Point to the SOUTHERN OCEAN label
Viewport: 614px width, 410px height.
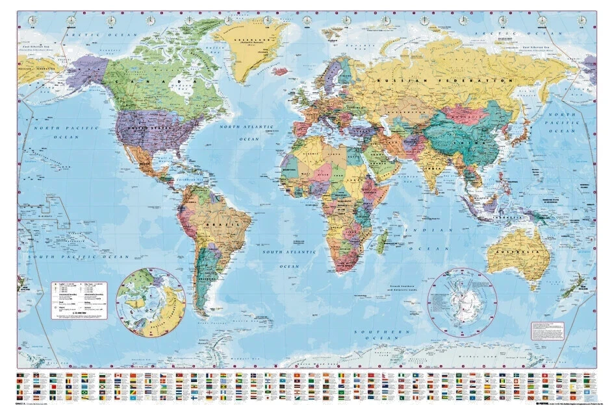[x=376, y=335]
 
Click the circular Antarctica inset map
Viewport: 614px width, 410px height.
[x=462, y=303]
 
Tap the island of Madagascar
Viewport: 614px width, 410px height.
[x=383, y=241]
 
